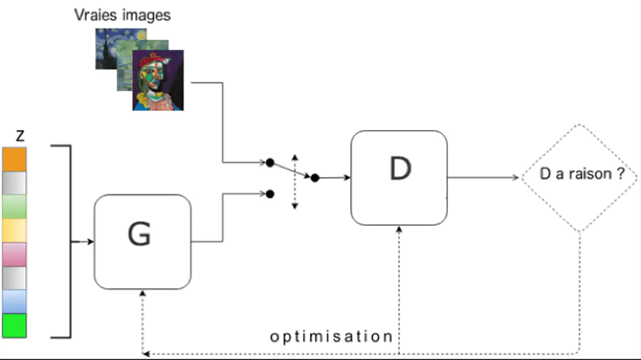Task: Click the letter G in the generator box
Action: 139,233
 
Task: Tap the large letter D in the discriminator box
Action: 400,169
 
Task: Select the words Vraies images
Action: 122,14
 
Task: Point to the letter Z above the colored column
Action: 20,136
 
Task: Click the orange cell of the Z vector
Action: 14,159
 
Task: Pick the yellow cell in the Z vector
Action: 14,230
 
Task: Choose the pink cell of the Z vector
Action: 14,254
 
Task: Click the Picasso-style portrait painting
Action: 158,80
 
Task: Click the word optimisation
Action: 331,336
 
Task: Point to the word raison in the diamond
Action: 592,175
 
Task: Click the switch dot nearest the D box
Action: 315,178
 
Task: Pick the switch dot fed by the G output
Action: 270,194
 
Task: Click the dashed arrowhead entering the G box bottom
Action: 142,293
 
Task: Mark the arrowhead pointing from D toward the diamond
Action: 517,178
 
